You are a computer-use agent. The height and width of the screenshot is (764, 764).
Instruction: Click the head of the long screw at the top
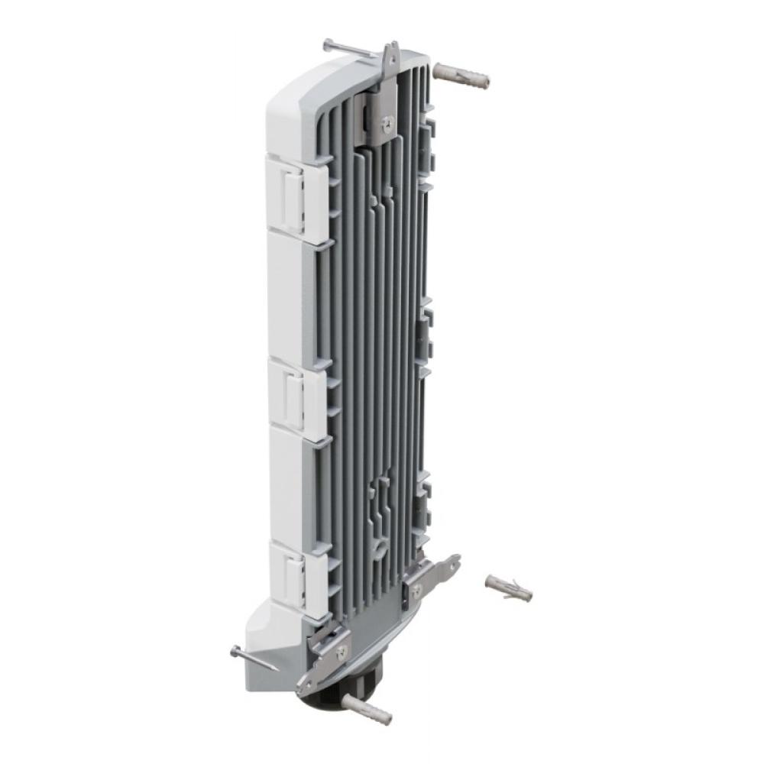[328, 45]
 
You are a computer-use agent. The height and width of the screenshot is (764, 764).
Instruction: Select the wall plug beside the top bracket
[461, 75]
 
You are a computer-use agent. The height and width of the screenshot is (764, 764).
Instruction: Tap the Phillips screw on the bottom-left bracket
[342, 650]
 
